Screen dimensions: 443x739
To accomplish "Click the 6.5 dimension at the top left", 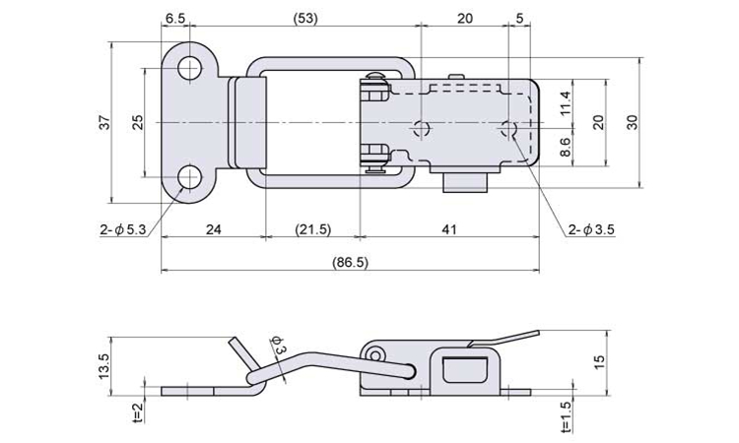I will click(x=175, y=18).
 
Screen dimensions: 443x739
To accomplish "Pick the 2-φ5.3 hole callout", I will click(x=121, y=229).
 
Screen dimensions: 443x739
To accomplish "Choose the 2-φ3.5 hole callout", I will click(x=591, y=229).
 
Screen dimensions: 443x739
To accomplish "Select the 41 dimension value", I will click(x=449, y=229).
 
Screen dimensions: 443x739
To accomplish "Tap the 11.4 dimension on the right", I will click(x=566, y=101).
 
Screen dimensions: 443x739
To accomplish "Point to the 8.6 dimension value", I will click(x=566, y=148).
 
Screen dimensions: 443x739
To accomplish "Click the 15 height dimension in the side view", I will click(x=600, y=361).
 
